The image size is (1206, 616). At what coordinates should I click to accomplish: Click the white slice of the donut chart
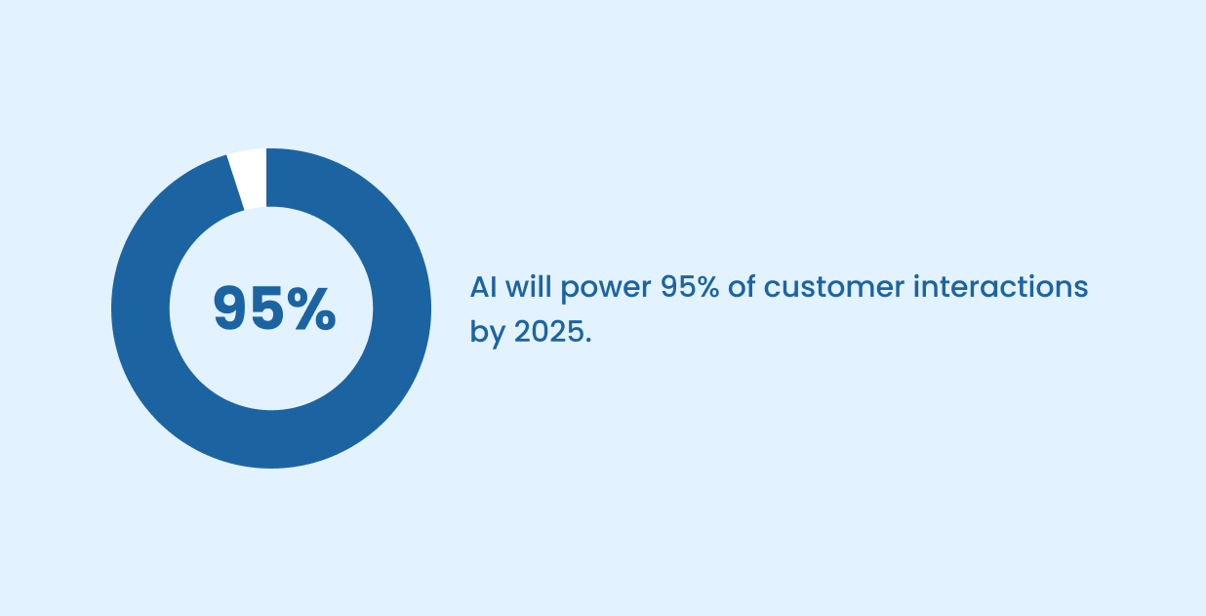pos(248,178)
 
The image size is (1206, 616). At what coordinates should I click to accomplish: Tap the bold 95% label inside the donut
pos(274,308)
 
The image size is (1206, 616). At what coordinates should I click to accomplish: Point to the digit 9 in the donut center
pos(231,308)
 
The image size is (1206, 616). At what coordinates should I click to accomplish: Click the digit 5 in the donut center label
pos(268,308)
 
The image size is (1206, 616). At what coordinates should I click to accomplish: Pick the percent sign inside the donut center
pos(312,308)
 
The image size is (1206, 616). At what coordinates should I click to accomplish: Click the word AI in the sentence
pos(481,288)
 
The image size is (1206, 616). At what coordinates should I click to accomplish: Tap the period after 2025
pos(587,340)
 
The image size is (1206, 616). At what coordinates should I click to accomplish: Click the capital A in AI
pos(477,288)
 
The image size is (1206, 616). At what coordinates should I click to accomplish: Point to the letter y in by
pos(494,336)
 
